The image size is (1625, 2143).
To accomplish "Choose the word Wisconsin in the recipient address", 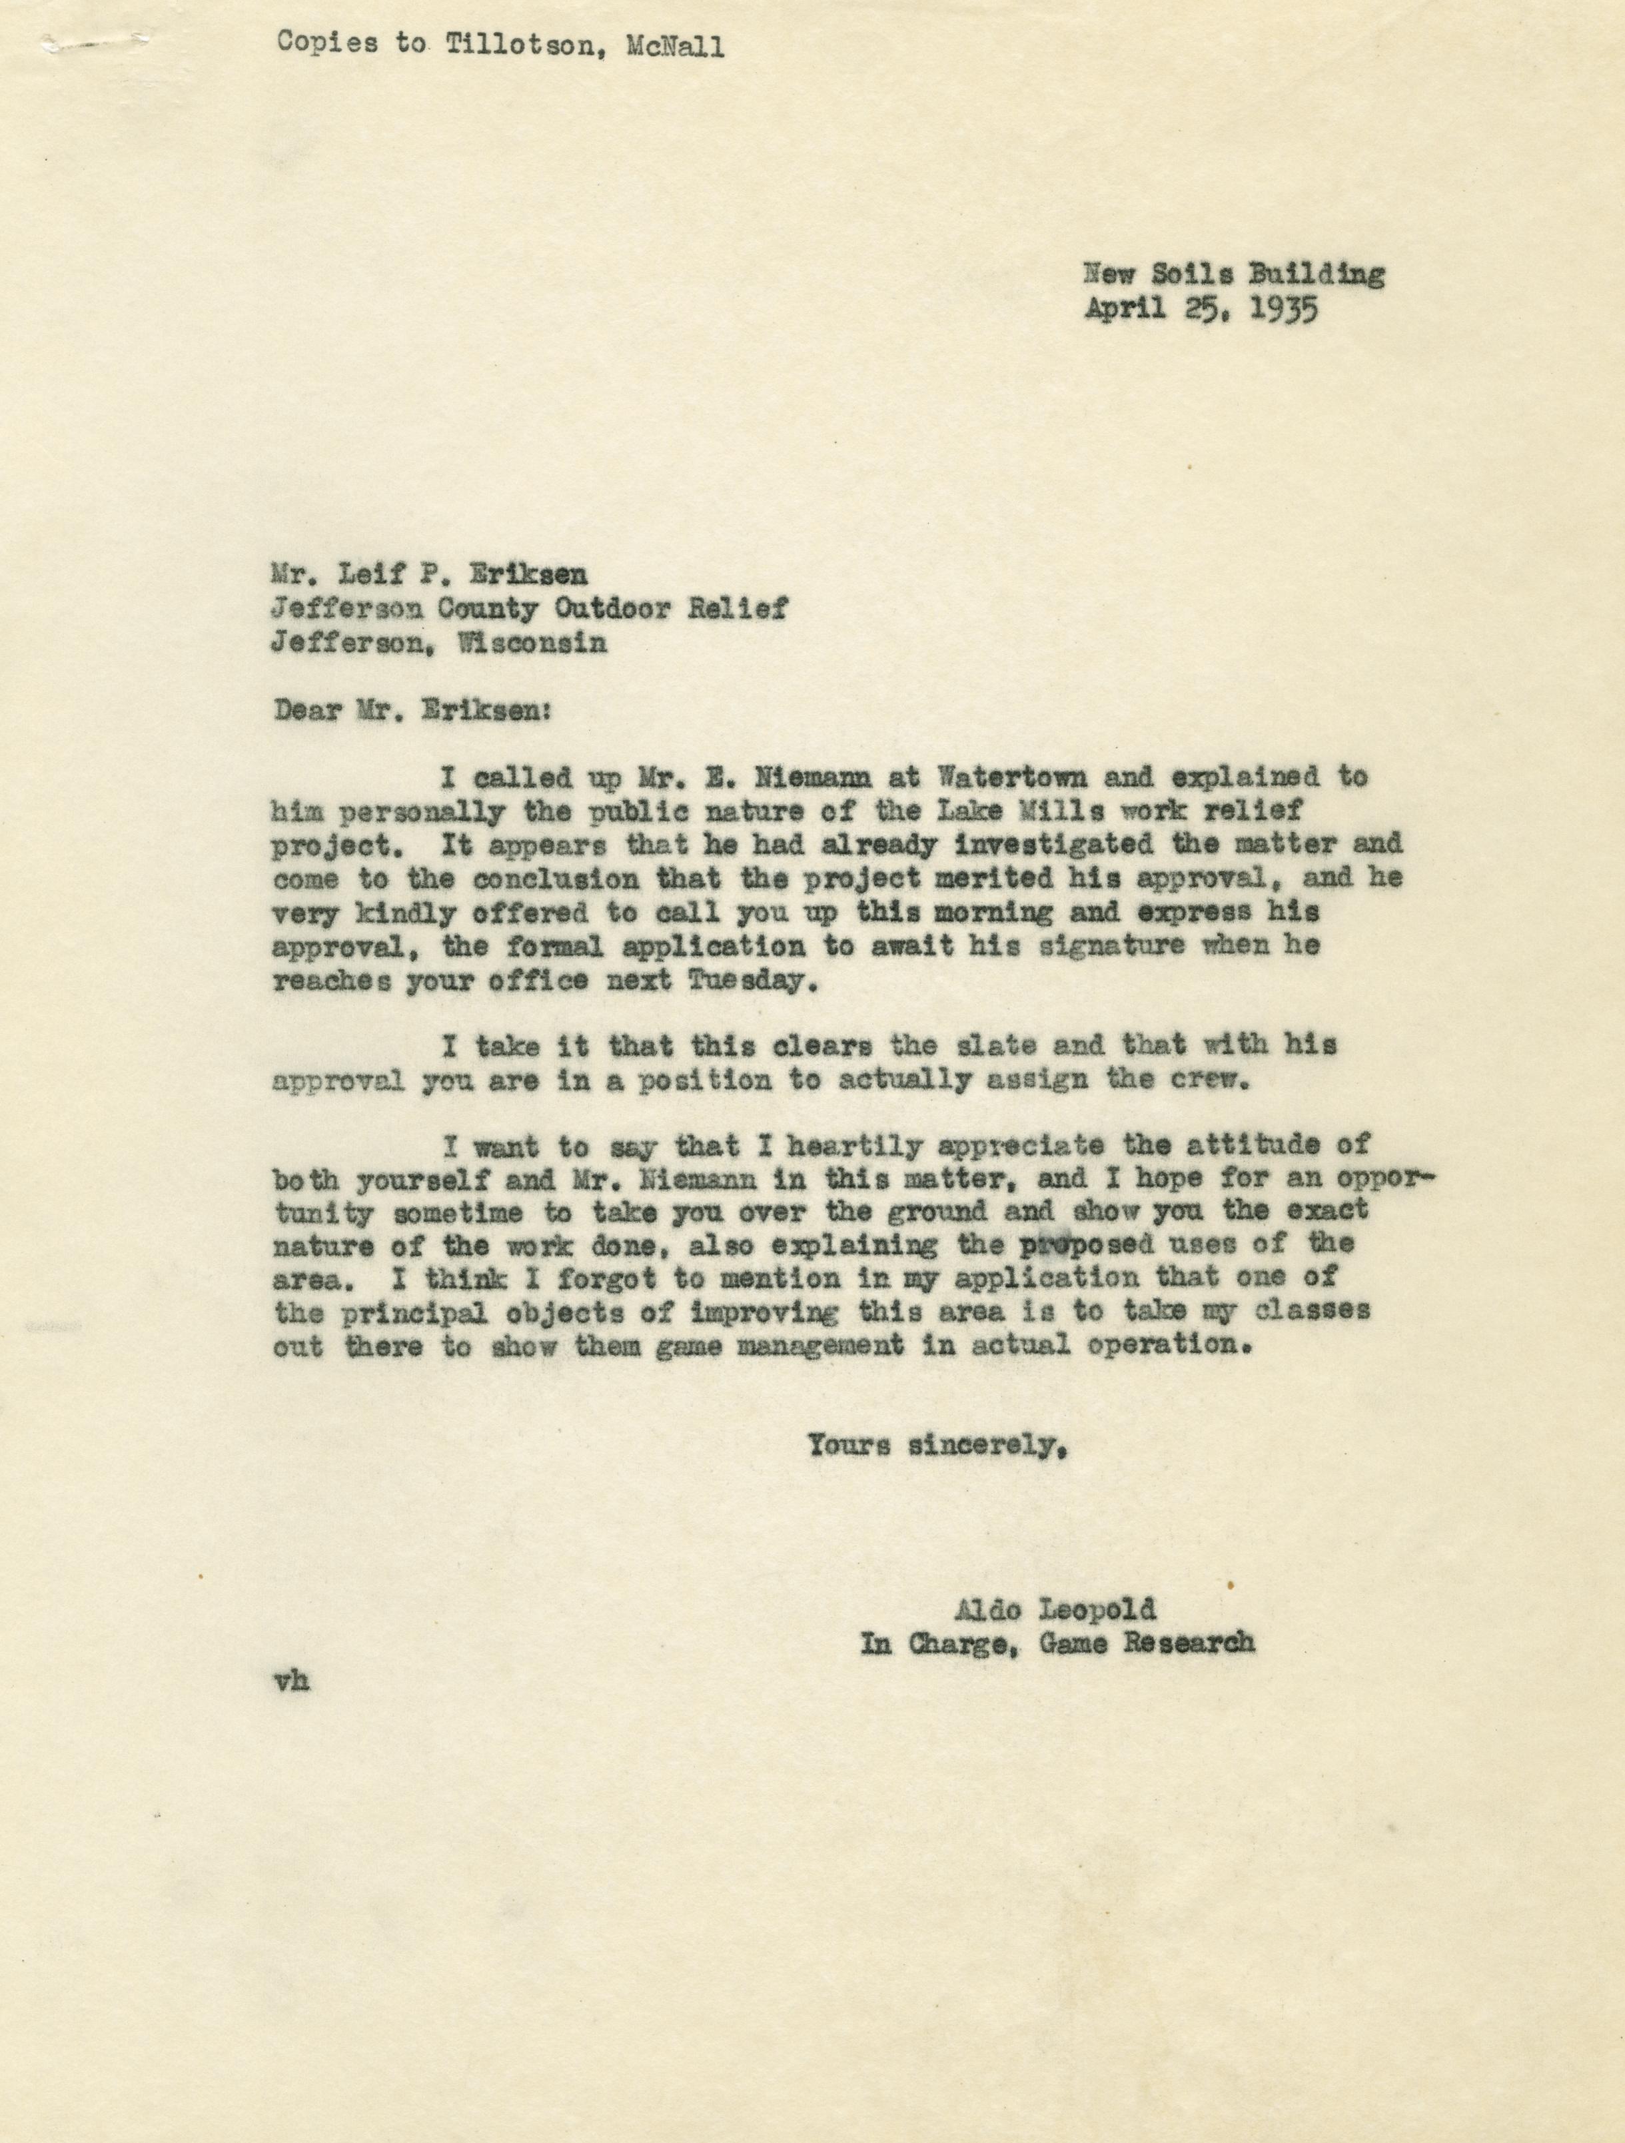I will [x=526, y=642].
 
